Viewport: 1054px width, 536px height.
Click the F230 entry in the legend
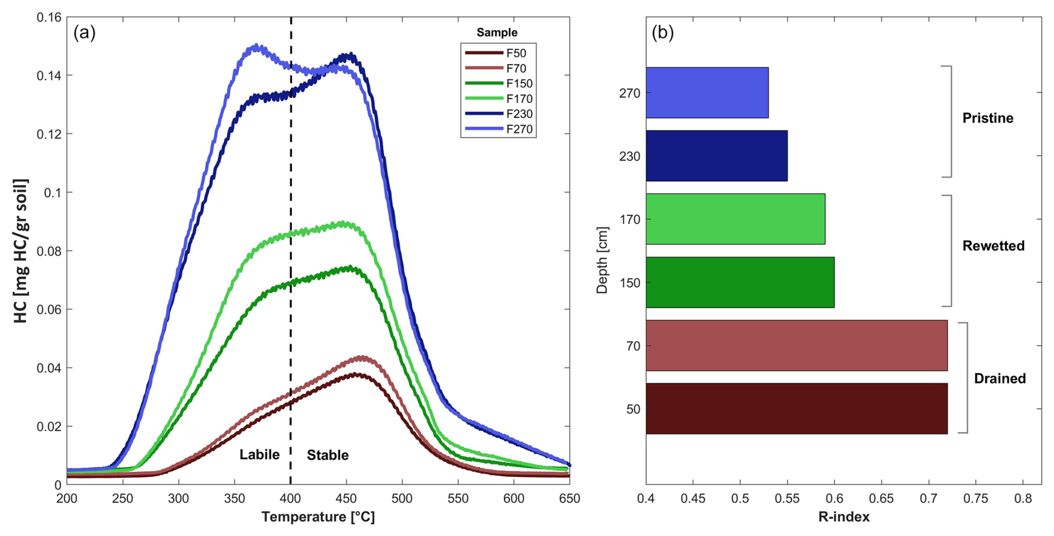[x=519, y=114]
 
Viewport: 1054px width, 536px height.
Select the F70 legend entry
[x=516, y=68]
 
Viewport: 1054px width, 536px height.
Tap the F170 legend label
[x=519, y=99]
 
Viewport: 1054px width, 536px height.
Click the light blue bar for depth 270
[x=707, y=93]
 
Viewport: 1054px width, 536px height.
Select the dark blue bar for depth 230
[x=716, y=156]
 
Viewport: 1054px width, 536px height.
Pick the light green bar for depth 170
[x=735, y=219]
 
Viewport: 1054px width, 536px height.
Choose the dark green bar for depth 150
[x=740, y=282]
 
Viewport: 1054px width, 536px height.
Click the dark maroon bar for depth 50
[x=796, y=409]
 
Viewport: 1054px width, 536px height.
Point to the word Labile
[x=260, y=455]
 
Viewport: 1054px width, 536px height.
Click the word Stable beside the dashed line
[x=328, y=455]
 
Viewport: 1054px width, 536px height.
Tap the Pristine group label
[x=988, y=118]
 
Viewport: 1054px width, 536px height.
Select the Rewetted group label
[x=993, y=246]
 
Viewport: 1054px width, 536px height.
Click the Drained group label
[x=999, y=378]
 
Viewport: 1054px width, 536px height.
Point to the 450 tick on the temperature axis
[x=346, y=498]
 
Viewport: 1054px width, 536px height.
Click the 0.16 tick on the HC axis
[x=49, y=18]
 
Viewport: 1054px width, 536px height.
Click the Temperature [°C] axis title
[x=318, y=517]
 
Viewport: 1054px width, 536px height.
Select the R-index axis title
[x=843, y=517]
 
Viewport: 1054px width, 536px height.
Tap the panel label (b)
[x=662, y=33]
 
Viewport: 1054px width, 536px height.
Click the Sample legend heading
[x=497, y=33]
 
